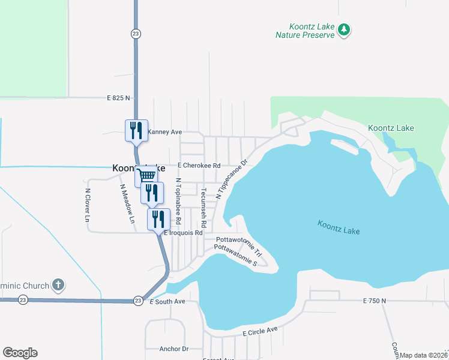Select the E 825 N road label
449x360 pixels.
[119, 97]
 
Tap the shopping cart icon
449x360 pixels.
[146, 176]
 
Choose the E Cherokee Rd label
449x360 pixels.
[200, 166]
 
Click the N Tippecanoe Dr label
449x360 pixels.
[232, 179]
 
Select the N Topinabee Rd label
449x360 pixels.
[178, 200]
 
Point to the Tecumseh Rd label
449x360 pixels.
[204, 208]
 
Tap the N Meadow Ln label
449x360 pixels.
[127, 203]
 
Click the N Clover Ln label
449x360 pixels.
[88, 206]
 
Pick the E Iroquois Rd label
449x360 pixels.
[184, 233]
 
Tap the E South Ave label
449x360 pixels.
[167, 302]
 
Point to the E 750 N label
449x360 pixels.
[375, 301]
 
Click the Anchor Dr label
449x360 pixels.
[173, 349]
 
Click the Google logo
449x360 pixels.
[20, 353]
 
